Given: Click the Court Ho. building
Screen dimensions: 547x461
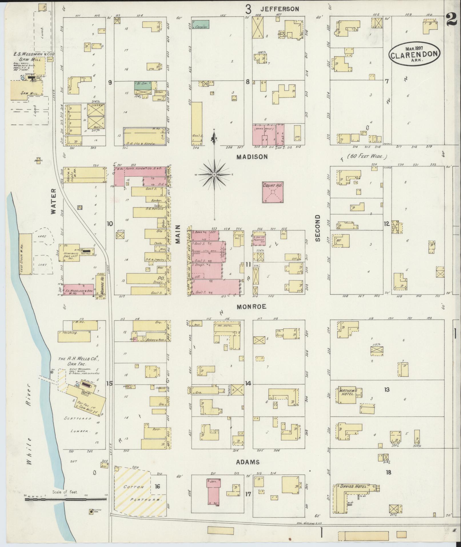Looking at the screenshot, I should pos(273,192).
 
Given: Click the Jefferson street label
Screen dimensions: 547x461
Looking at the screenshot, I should pos(279,9).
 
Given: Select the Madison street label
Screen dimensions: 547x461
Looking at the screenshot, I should pos(252,157).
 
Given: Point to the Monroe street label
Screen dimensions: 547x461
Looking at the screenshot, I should pos(252,307).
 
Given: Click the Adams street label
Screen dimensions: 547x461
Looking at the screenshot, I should pos(248,462).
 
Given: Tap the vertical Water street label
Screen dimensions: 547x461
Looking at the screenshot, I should pos(53,205).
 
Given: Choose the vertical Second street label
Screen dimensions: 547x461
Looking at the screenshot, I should pos(317,228).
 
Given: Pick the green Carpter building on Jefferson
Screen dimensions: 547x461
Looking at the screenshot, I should pos(200,24).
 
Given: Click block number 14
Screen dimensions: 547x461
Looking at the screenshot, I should pos(248,383).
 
